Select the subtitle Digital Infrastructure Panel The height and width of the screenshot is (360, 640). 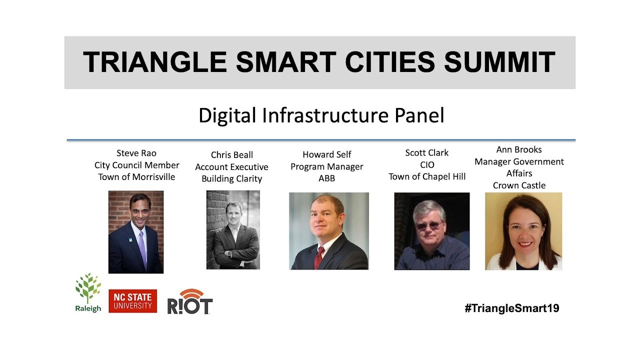pyautogui.click(x=321, y=115)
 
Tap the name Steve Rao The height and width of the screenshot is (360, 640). pyautogui.click(x=136, y=153)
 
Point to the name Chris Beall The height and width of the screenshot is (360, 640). pyautogui.click(x=232, y=155)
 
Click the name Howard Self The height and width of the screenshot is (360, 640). pyautogui.click(x=327, y=154)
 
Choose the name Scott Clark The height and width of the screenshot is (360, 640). pyautogui.click(x=427, y=152)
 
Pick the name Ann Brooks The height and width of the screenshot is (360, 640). pyautogui.click(x=519, y=149)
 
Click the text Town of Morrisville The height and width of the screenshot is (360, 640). pyautogui.click(x=136, y=177)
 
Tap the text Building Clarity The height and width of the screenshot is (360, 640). pyautogui.click(x=232, y=179)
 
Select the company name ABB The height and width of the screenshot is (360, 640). pyautogui.click(x=326, y=178)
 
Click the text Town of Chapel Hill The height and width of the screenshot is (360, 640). pyautogui.click(x=427, y=176)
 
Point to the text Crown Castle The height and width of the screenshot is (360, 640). pyautogui.click(x=519, y=185)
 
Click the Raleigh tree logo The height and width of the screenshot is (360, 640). pyautogui.click(x=88, y=292)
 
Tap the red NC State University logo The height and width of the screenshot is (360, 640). pyautogui.click(x=132, y=301)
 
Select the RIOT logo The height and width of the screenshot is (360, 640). pyautogui.click(x=189, y=302)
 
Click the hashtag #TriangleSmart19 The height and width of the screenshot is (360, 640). pyautogui.click(x=511, y=308)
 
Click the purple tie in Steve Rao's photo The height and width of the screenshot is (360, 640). pyautogui.click(x=142, y=247)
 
